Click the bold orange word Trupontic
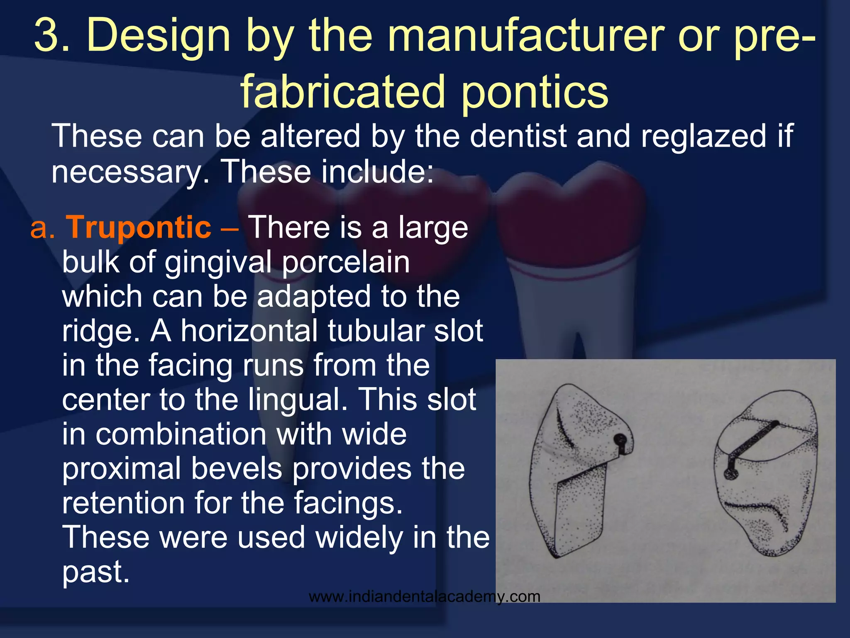139,228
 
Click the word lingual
297,400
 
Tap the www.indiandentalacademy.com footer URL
425,597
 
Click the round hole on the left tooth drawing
620,439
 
